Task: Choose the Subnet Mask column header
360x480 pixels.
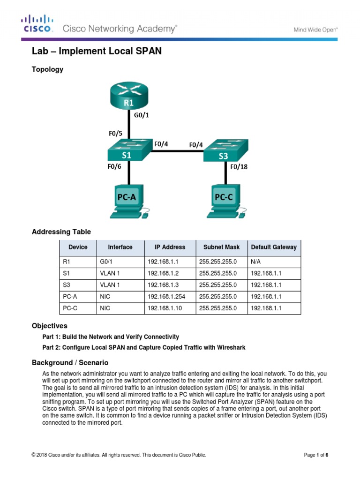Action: [x=221, y=247]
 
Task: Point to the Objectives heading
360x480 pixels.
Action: [x=49, y=325]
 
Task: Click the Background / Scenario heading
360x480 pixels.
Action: [x=70, y=362]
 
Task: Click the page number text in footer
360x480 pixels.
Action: [x=316, y=455]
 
